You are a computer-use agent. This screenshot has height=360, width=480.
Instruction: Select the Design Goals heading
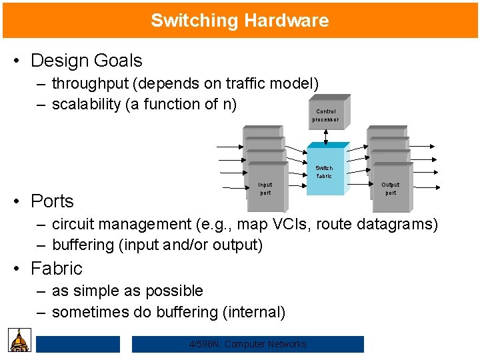pyautogui.click(x=87, y=61)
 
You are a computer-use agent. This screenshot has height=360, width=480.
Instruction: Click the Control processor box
pyautogui.click(x=326, y=115)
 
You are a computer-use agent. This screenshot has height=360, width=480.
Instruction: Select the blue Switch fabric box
pyautogui.click(x=325, y=171)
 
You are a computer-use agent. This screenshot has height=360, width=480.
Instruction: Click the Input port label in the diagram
pyautogui.click(x=265, y=188)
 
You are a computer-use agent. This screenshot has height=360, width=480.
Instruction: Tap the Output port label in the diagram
pyautogui.click(x=390, y=188)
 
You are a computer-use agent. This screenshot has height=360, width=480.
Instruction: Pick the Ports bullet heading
pyautogui.click(x=53, y=201)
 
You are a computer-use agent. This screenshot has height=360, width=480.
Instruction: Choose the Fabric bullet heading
pyautogui.click(x=57, y=269)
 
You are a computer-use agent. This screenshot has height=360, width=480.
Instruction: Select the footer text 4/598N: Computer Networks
pyautogui.click(x=248, y=344)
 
